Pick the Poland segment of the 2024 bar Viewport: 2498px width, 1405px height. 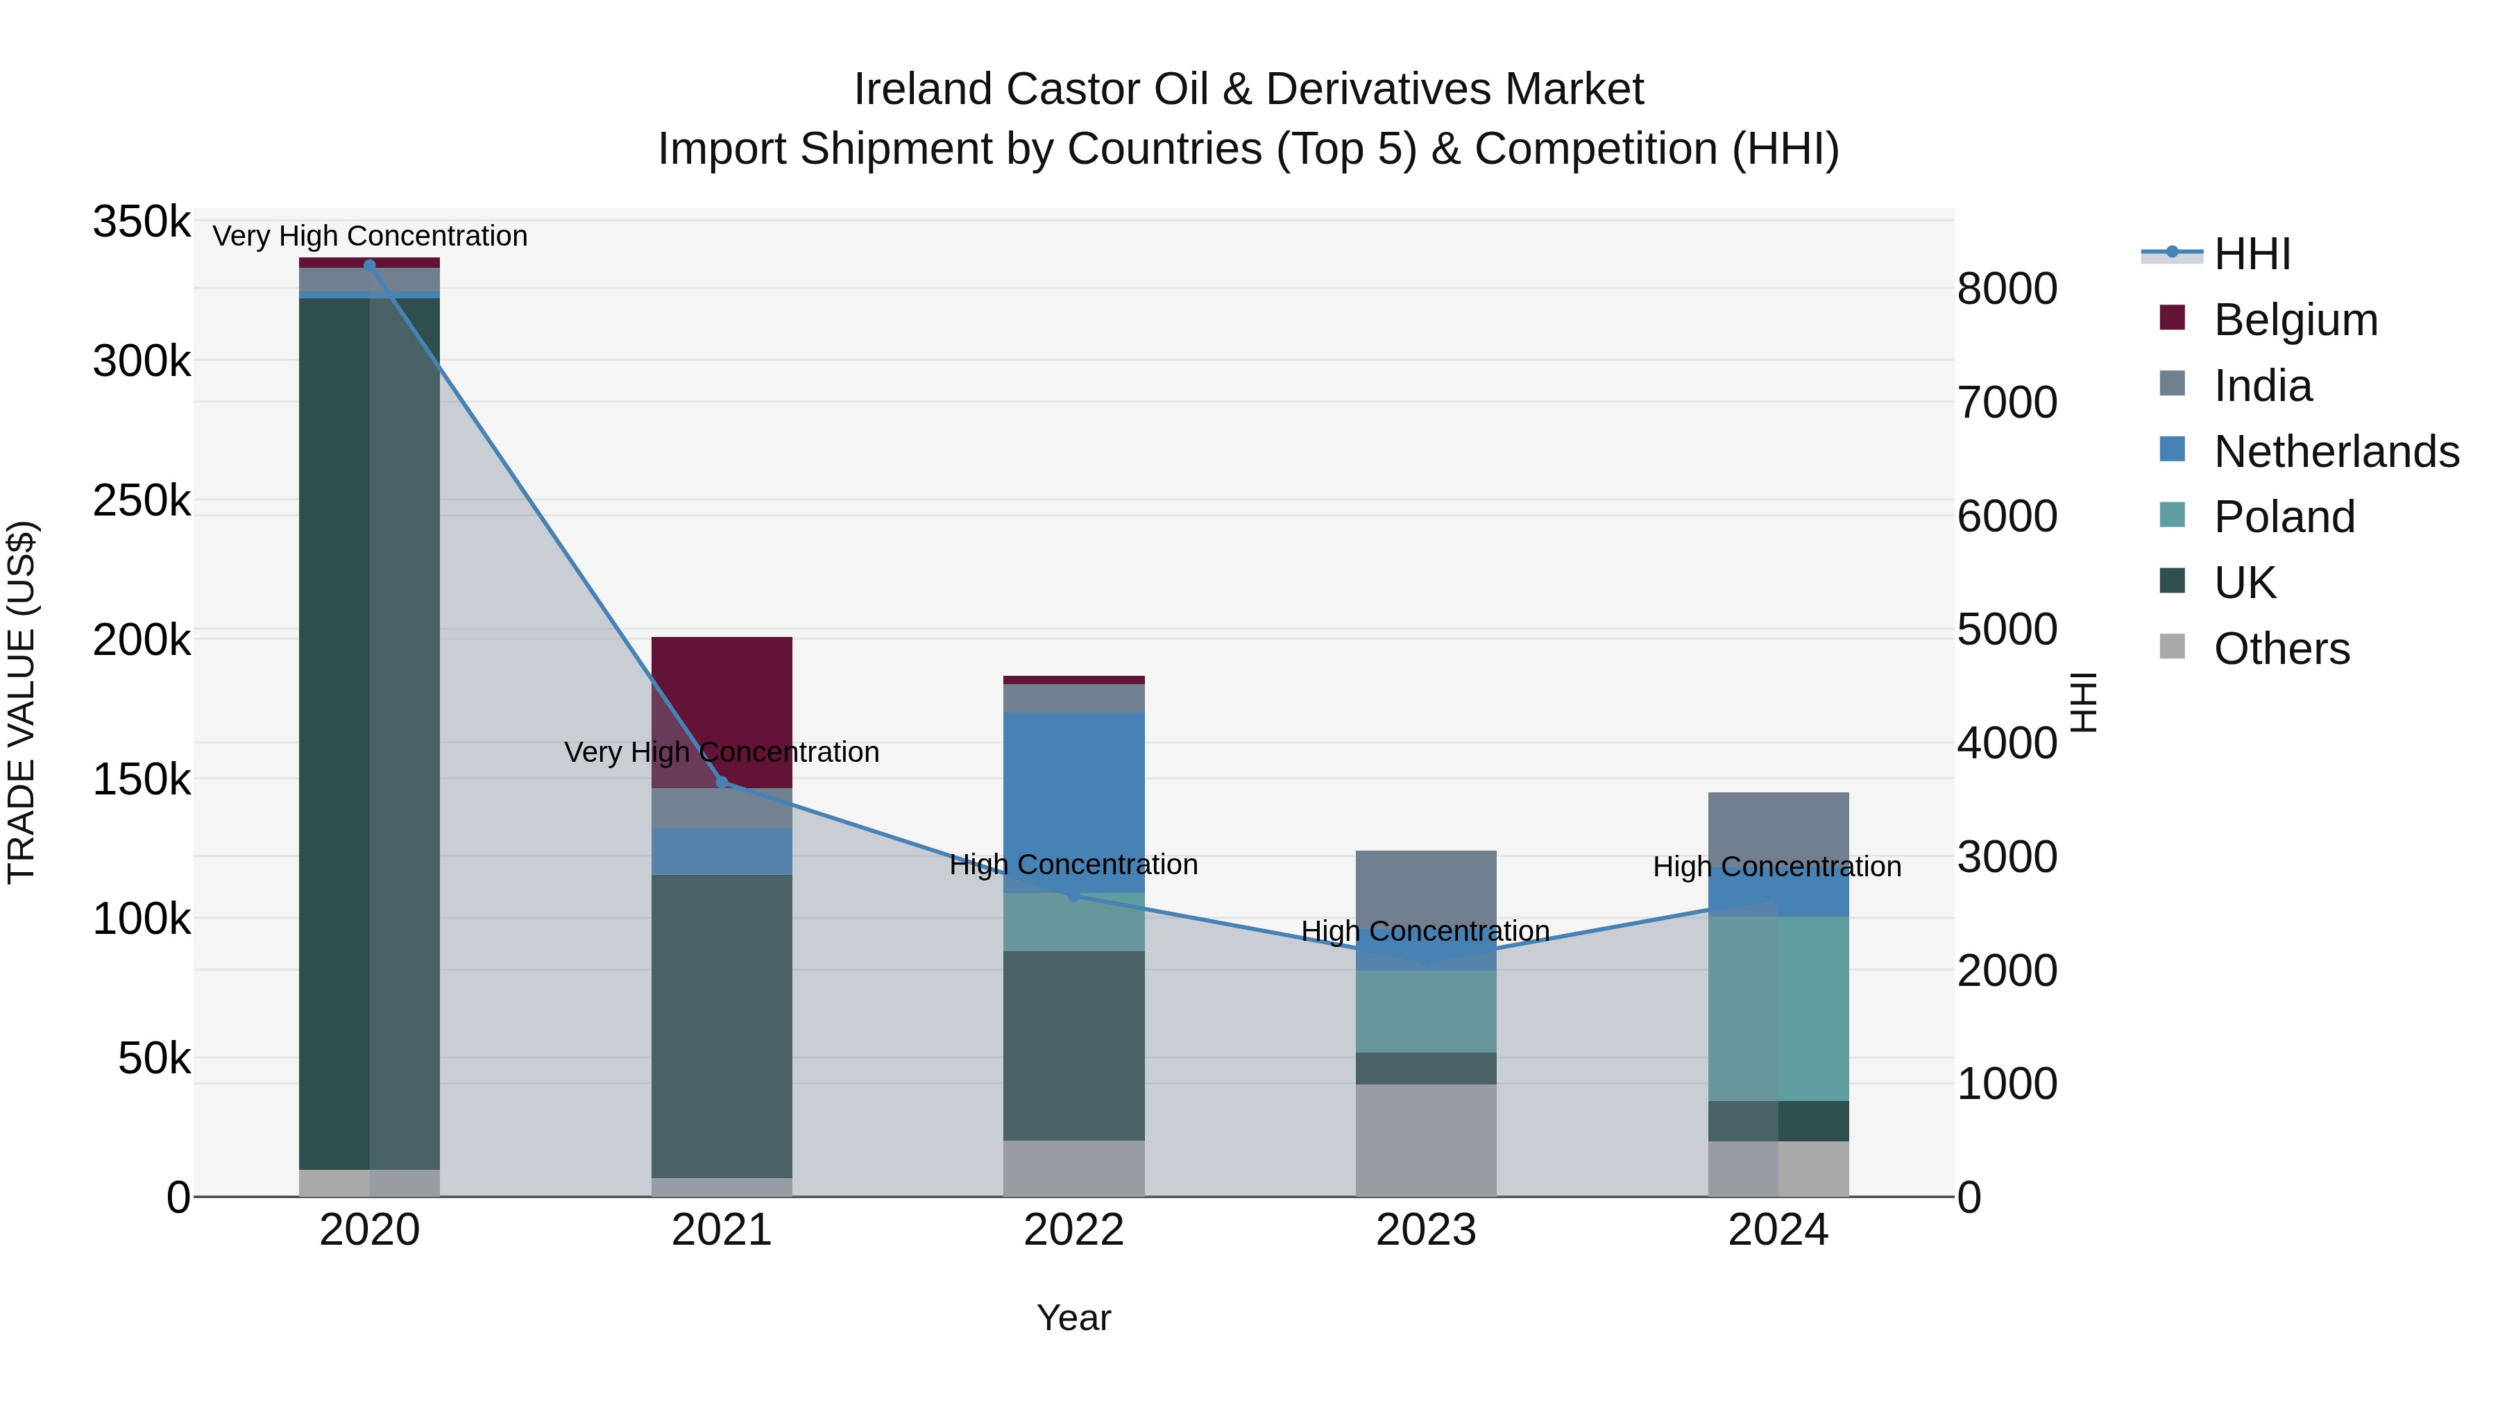pyautogui.click(x=1778, y=1007)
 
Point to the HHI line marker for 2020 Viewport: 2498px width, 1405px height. pyautogui.click(x=369, y=265)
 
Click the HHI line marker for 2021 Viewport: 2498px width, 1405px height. pyautogui.click(x=722, y=781)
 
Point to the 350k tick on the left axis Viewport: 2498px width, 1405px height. pyautogui.click(x=142, y=222)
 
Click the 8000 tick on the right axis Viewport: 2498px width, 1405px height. pyautogui.click(x=2006, y=289)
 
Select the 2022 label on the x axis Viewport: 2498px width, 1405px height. pyautogui.click(x=1073, y=1230)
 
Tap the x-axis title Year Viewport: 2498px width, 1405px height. pyautogui.click(x=1073, y=1318)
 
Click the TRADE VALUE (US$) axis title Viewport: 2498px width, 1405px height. pyautogui.click(x=22, y=702)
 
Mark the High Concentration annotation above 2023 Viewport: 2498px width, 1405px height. pyautogui.click(x=1425, y=931)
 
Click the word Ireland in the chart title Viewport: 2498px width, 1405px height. pyautogui.click(x=922, y=90)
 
